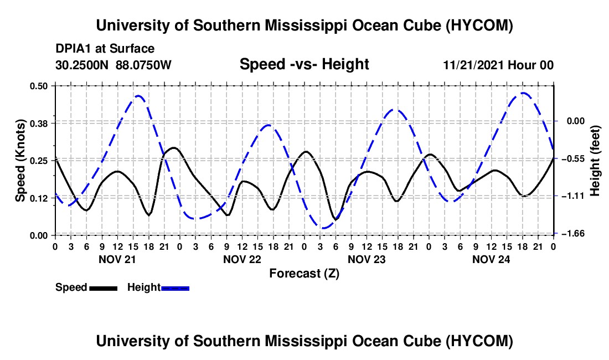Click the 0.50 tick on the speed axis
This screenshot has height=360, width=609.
pos(38,86)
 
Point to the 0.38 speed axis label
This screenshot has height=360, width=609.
pos(38,124)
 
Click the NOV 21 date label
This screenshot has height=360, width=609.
pos(117,259)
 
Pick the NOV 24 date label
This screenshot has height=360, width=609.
pos(491,259)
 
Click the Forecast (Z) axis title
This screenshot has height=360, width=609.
pos(304,274)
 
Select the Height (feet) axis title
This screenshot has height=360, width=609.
pos(595,161)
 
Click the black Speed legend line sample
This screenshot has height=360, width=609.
pos(104,288)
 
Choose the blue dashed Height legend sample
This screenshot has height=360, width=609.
pos(175,288)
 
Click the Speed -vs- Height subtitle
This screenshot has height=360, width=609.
pos(304,64)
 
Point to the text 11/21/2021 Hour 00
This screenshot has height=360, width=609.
pos(498,65)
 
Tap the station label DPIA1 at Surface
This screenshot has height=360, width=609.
pos(105,49)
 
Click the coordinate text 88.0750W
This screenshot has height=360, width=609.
pos(143,65)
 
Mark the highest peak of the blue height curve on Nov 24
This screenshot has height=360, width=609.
pos(523,92)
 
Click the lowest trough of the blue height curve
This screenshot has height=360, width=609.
pos(322,228)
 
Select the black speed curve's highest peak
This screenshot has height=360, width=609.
pos(173,147)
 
